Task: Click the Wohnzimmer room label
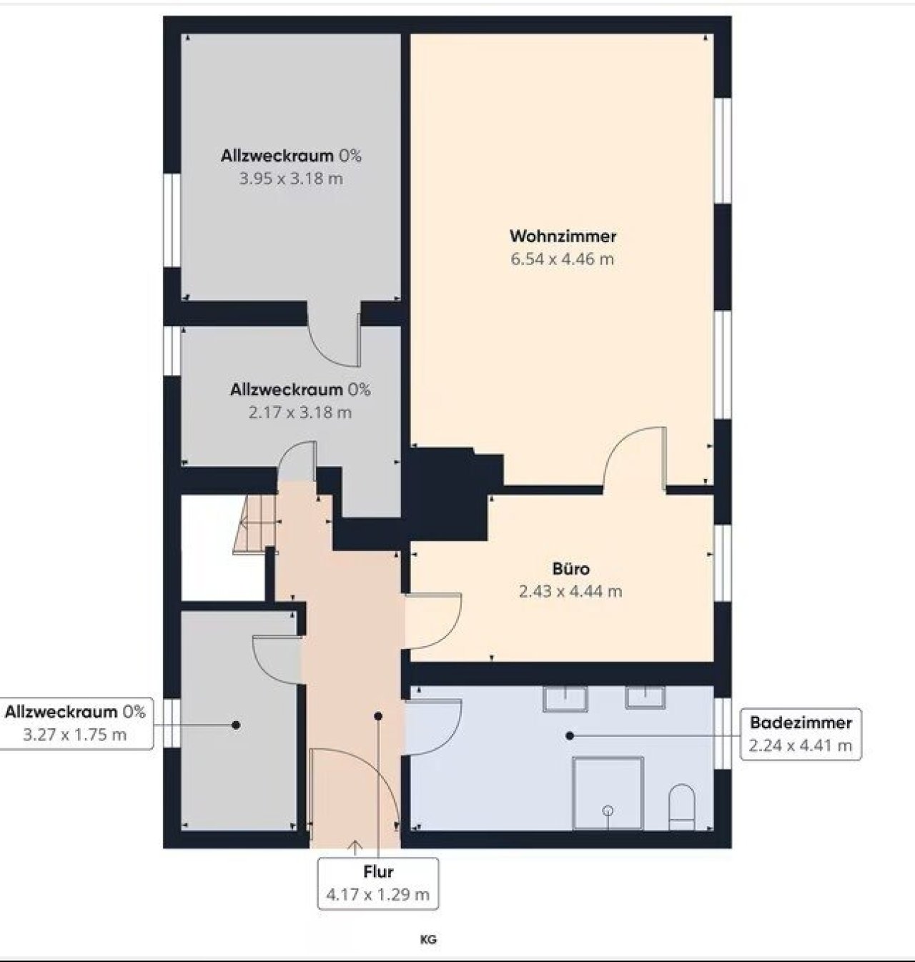click(563, 237)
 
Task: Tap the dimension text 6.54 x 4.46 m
click(562, 259)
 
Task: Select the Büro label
click(571, 569)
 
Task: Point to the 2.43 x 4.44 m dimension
click(570, 592)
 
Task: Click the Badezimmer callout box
click(801, 733)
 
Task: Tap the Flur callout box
click(378, 883)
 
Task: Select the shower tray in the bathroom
click(608, 793)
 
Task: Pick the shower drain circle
click(608, 810)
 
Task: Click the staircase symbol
click(254, 524)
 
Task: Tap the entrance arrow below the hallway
click(355, 848)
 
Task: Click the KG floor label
click(428, 940)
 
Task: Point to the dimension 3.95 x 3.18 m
click(291, 179)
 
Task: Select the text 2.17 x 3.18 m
click(300, 412)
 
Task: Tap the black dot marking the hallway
click(378, 716)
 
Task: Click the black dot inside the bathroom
click(569, 735)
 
